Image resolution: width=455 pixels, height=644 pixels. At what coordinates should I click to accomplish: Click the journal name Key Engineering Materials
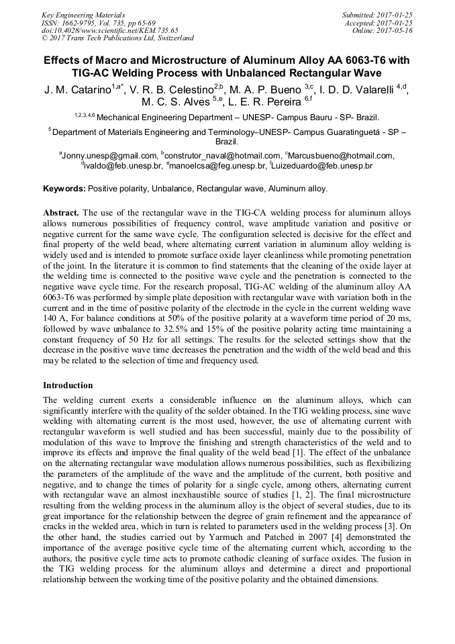click(83, 14)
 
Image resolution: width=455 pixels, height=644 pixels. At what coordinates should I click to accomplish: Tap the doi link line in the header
click(109, 30)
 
